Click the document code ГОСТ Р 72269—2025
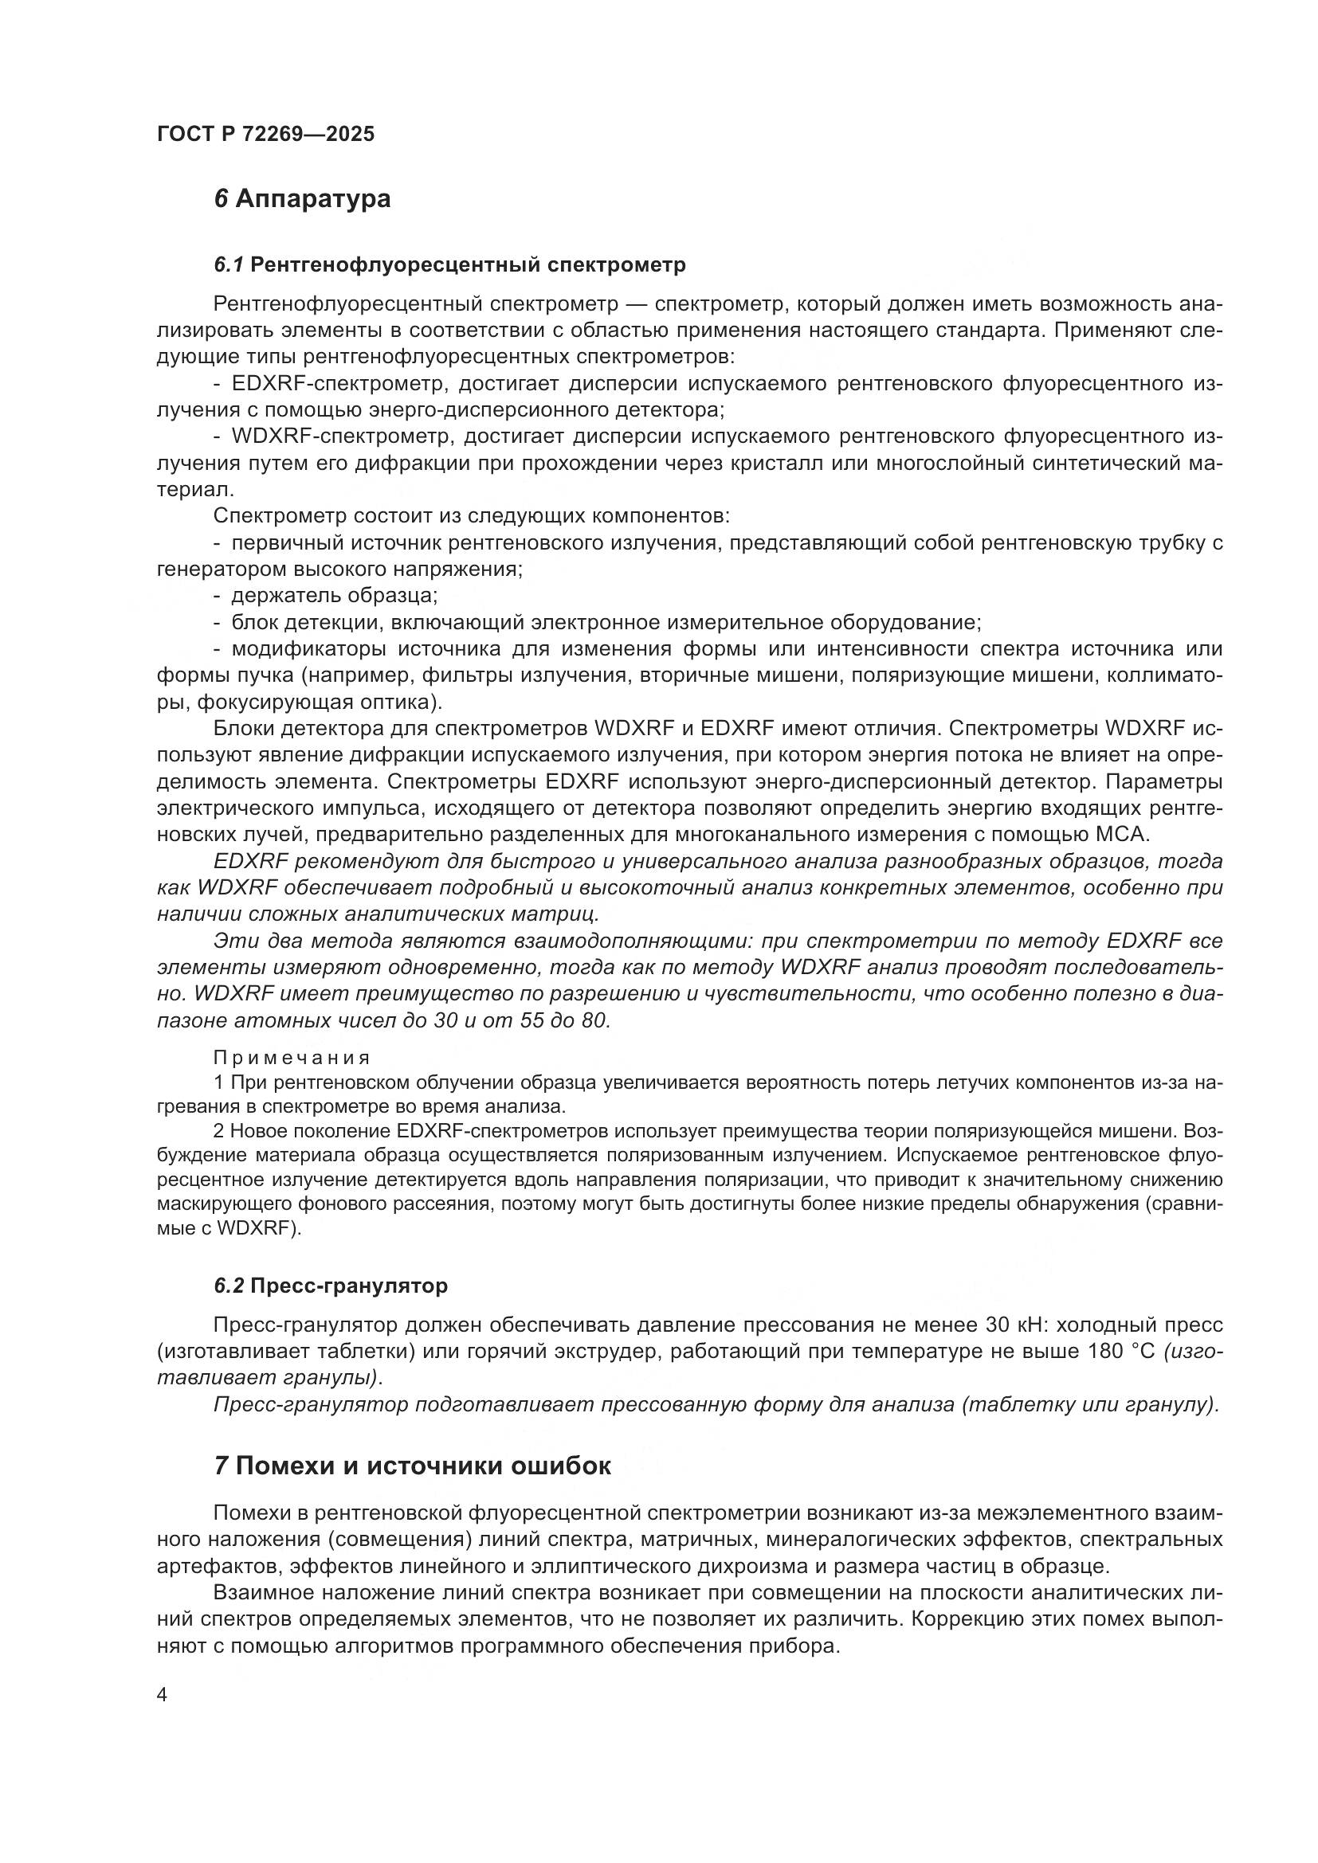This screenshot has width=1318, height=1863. [x=265, y=134]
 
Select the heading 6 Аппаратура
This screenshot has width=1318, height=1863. [x=302, y=199]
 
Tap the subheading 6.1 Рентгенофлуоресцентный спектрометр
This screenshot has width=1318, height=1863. [x=449, y=264]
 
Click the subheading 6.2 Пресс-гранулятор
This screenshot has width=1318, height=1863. [x=331, y=1286]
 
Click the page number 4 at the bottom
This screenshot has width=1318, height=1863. [x=162, y=1696]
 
